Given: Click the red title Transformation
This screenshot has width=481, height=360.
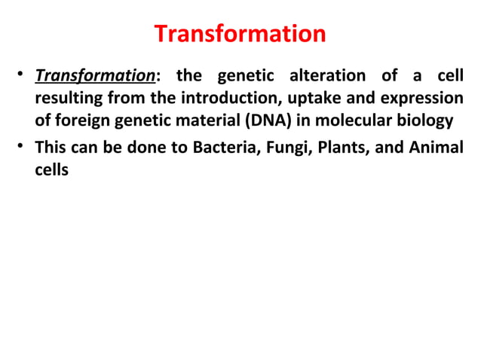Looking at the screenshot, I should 240,34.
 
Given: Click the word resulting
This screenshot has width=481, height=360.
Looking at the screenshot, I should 66,99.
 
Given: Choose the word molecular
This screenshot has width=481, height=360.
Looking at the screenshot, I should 339,121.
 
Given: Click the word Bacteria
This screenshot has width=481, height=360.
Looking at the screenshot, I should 221,148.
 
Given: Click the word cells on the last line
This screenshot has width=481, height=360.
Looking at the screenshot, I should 51,169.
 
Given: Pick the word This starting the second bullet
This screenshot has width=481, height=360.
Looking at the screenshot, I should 50,148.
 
